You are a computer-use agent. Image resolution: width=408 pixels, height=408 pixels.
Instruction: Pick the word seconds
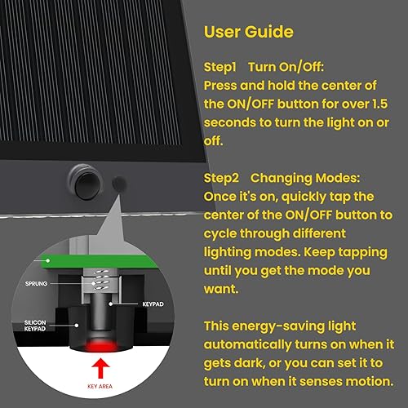tap(231, 121)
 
